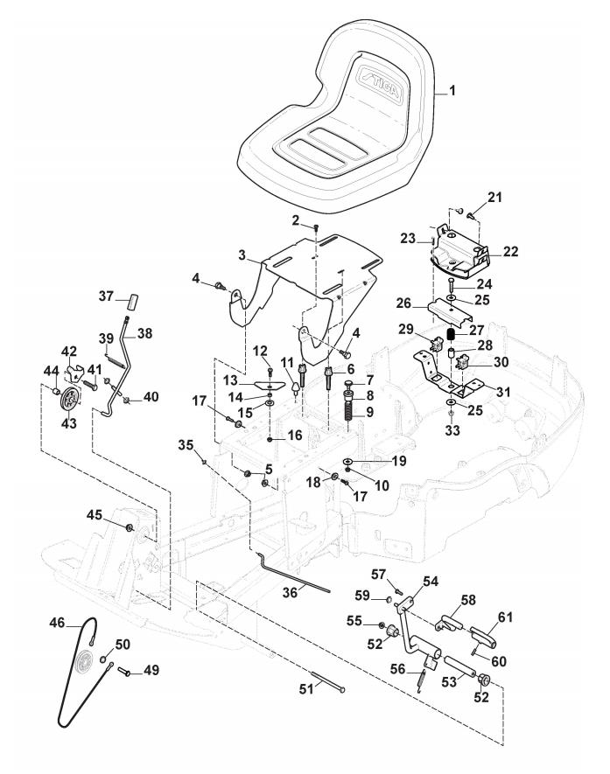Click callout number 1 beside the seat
click(452, 91)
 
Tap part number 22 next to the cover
click(510, 251)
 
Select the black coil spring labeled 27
click(451, 334)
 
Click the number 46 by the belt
click(57, 623)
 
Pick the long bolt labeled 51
click(328, 681)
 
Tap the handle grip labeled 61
click(482, 636)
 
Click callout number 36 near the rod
click(290, 591)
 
